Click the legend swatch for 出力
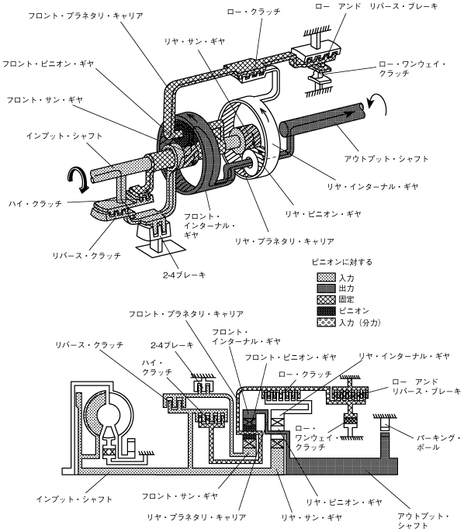click(326, 288)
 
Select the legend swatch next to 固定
click(326, 299)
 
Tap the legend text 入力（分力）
click(360, 323)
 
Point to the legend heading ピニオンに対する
click(342, 262)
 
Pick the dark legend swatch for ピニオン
click(326, 311)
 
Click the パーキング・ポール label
click(438, 442)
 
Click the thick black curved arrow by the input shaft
click(79, 178)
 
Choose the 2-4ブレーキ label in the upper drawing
click(184, 275)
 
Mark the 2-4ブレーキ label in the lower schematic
click(172, 345)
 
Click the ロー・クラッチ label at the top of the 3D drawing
click(254, 12)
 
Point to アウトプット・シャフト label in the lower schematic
click(423, 521)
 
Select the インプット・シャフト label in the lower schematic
click(74, 499)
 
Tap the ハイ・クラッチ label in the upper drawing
click(36, 203)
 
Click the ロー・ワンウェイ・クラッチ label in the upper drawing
click(412, 68)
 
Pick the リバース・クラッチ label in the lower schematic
click(89, 344)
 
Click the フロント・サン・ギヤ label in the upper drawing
click(45, 100)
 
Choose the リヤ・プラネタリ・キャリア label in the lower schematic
click(196, 517)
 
